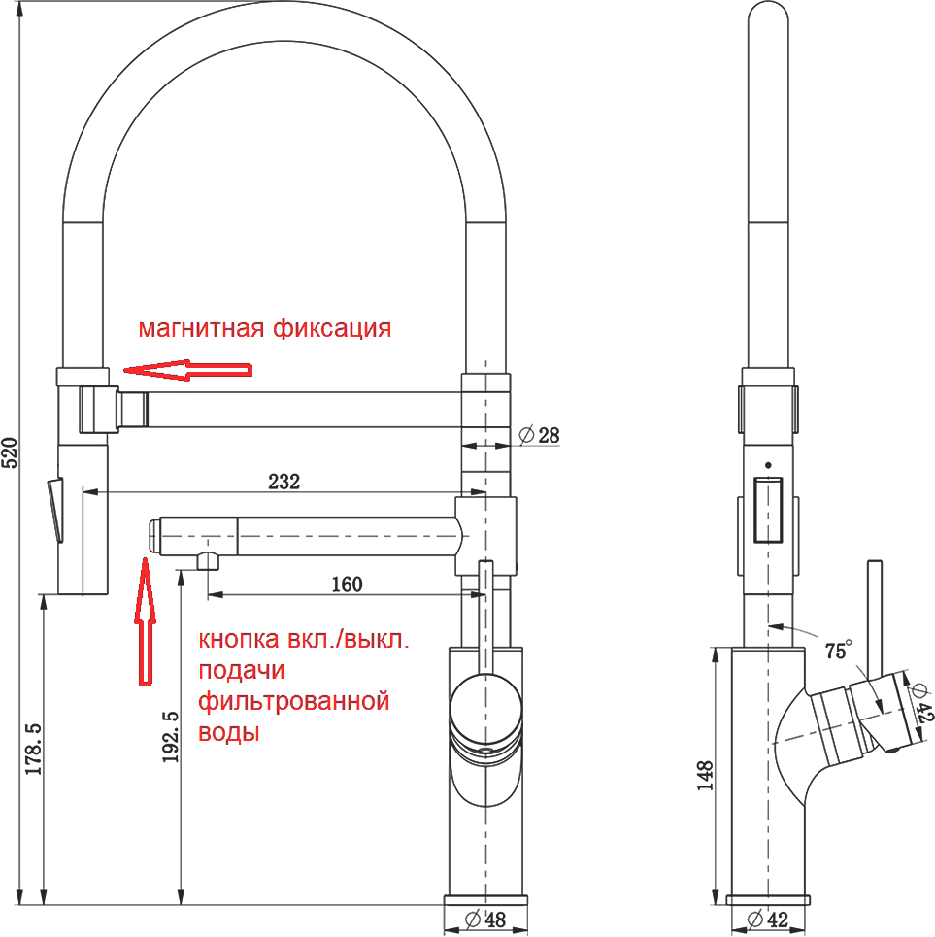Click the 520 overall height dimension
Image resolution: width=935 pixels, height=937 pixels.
(x=11, y=452)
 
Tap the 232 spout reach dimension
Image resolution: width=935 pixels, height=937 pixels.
(x=285, y=481)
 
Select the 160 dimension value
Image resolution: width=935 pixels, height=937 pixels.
(x=346, y=584)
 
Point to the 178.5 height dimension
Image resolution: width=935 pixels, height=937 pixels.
(x=32, y=749)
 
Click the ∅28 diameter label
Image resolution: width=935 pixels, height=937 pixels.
(x=541, y=435)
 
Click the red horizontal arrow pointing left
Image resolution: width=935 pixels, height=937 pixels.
(x=187, y=370)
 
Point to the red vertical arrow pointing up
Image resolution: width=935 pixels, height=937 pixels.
(x=144, y=620)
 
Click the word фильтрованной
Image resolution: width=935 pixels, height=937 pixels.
(x=293, y=701)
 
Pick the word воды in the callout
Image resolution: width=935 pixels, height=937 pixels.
(x=229, y=732)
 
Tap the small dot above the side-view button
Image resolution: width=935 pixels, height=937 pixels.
(x=768, y=465)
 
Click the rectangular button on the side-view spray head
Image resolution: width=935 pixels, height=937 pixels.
(x=768, y=508)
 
